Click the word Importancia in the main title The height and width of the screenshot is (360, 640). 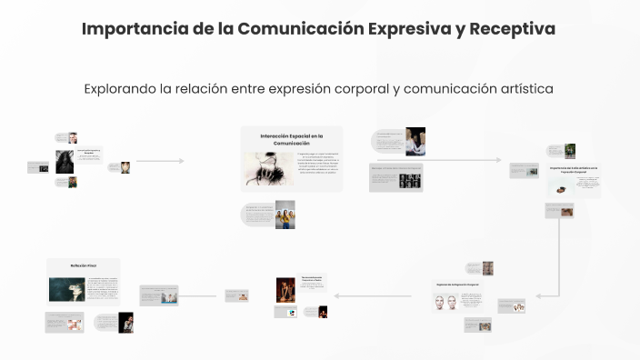(x=126, y=28)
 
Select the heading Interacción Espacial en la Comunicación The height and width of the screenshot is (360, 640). (x=292, y=139)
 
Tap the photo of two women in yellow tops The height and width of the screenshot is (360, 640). (x=285, y=215)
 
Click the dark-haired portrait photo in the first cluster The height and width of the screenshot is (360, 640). (x=65, y=161)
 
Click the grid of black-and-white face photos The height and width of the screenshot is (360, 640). (x=411, y=179)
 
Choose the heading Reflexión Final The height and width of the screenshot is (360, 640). (x=84, y=265)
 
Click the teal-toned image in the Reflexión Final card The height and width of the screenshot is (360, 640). (x=67, y=289)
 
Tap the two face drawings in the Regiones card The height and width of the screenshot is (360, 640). (x=449, y=301)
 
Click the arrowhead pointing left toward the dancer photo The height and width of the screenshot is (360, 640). (x=337, y=295)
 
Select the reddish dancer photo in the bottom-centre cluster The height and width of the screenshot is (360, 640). (x=285, y=289)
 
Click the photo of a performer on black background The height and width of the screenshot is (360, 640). (x=125, y=322)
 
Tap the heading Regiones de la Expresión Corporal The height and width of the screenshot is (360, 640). (x=456, y=285)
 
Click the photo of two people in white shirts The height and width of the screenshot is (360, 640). (x=415, y=141)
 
